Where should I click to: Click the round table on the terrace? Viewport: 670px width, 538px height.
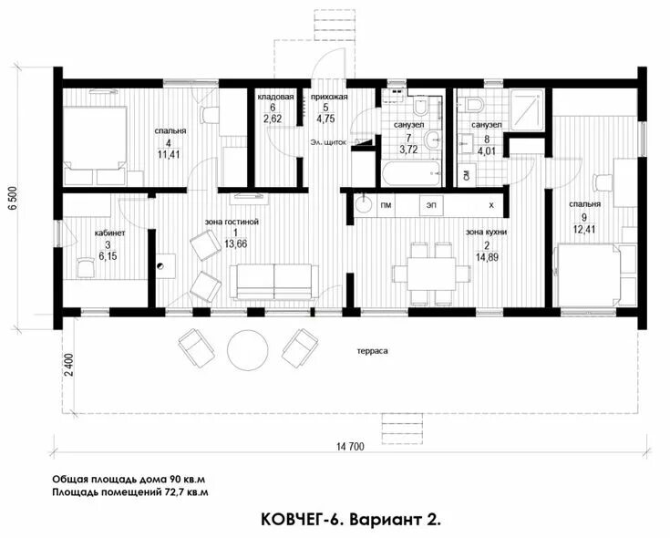pos(248,350)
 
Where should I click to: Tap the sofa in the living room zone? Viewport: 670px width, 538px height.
pos(273,281)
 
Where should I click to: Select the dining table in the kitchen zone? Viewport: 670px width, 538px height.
pos(431,274)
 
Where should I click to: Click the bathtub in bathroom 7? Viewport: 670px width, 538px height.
pos(410,174)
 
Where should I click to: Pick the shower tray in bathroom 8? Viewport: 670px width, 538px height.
pos(527,109)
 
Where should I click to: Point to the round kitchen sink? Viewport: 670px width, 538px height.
pos(365,204)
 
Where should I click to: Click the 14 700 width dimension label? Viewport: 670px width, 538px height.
pos(350,447)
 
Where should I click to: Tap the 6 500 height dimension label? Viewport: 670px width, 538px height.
pos(13,198)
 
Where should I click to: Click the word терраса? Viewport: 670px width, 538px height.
pos(373,351)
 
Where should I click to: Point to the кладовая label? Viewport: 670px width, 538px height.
pos(275,97)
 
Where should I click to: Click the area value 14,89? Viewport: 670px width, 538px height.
pos(487,257)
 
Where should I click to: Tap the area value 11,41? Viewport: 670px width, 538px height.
pos(169,154)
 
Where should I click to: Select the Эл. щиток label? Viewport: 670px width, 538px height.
pos(328,142)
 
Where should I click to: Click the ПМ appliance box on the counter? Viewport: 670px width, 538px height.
pos(386,205)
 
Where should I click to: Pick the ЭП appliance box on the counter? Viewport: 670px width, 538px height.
pos(431,205)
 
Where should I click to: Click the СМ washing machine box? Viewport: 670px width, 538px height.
pos(467,175)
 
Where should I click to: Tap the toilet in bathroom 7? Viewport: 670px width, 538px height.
pos(420,106)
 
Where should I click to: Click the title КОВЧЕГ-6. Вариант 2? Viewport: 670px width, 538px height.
pos(351,520)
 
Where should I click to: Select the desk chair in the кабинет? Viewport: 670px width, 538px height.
pos(85,267)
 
